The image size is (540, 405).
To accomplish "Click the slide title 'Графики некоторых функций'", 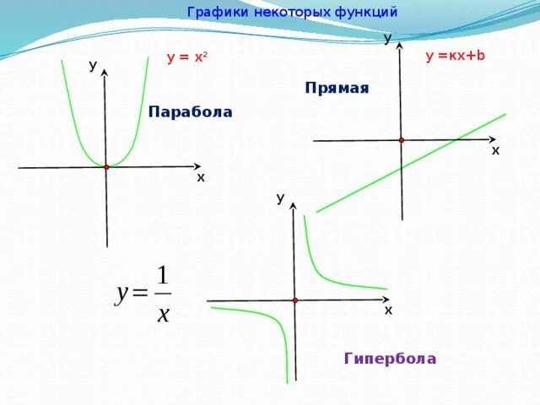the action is [x=292, y=13].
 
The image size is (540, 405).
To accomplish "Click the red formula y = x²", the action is [x=187, y=58].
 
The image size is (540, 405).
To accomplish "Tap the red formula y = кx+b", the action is [x=456, y=56].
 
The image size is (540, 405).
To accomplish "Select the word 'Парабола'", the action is [x=190, y=111].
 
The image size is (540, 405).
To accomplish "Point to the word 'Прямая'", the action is [x=337, y=88].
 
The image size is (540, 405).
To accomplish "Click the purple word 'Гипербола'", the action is [x=390, y=359].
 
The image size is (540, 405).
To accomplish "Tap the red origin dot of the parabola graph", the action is [x=106, y=167].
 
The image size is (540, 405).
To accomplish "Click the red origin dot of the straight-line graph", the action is [x=402, y=140].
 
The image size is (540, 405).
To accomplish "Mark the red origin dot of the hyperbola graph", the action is [x=295, y=300].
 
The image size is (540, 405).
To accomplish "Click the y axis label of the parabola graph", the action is [x=93, y=66].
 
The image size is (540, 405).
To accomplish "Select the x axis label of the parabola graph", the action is [x=201, y=178].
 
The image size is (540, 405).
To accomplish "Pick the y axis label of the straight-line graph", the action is [x=387, y=39].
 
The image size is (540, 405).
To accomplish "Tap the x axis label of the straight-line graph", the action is [x=495, y=150].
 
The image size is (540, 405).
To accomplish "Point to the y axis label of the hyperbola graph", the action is [x=279, y=198].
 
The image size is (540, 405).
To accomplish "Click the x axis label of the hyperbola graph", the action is [x=388, y=310].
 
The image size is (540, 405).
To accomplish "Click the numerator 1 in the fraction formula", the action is [x=163, y=276].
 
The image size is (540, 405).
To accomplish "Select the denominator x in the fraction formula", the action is [x=163, y=313].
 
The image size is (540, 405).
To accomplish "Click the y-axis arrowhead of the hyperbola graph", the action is [x=294, y=209].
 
